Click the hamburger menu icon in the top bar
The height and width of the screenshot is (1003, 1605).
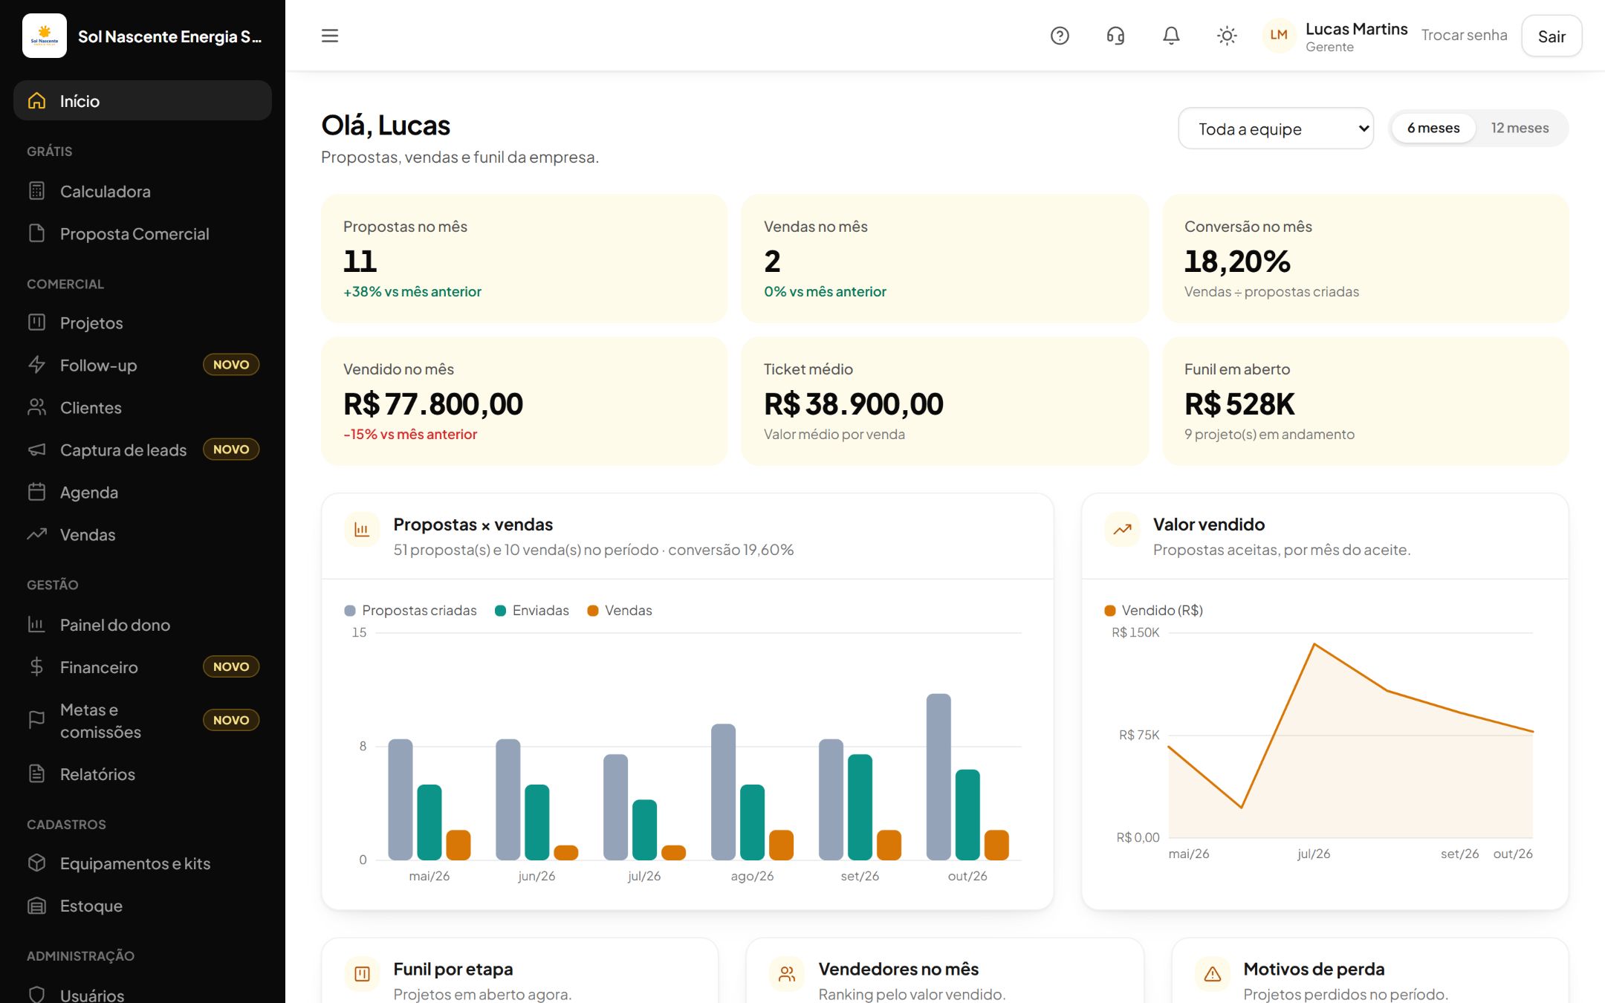(330, 36)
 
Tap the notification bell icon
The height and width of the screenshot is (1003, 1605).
(1171, 36)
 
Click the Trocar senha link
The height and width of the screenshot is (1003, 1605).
(1464, 35)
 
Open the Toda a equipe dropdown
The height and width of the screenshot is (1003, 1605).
(1276, 129)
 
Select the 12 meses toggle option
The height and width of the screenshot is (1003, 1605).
(1520, 128)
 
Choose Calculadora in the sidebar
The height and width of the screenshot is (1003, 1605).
(105, 191)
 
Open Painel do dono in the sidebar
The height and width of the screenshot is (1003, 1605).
(114, 625)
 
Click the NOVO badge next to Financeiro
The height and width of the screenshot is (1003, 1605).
(231, 666)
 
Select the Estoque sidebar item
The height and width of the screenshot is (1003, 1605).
(91, 906)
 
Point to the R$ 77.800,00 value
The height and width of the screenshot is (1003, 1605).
(433, 404)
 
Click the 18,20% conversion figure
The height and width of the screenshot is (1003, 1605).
(1237, 262)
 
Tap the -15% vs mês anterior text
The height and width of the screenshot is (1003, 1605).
(410, 434)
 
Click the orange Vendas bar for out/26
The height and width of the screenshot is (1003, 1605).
(996, 845)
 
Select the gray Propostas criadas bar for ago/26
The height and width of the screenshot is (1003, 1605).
(723, 792)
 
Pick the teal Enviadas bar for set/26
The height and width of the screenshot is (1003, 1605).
(860, 807)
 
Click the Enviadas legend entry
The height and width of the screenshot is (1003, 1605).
(532, 610)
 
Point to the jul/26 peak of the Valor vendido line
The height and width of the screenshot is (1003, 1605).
(1314, 643)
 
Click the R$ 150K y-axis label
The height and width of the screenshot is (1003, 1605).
(1135, 632)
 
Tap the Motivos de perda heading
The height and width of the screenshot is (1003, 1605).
(1314, 969)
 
